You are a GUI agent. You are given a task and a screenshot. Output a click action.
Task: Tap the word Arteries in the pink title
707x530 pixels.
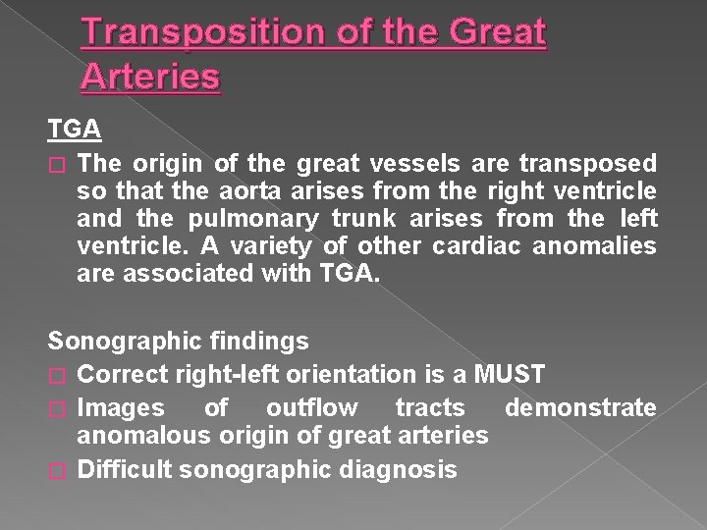(151, 76)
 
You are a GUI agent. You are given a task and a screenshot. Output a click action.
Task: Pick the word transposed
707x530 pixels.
(597, 159)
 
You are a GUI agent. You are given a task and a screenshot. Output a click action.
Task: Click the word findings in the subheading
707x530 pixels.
(256, 342)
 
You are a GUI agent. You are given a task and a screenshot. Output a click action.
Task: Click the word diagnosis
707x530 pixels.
(398, 469)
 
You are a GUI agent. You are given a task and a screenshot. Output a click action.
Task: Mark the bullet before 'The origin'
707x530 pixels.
(56, 160)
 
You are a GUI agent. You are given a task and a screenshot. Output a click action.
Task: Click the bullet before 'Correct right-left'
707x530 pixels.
(56, 375)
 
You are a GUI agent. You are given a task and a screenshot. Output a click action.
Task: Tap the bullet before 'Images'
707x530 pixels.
(56, 407)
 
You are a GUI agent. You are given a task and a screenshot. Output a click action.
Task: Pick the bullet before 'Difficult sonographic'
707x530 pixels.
(56, 470)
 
